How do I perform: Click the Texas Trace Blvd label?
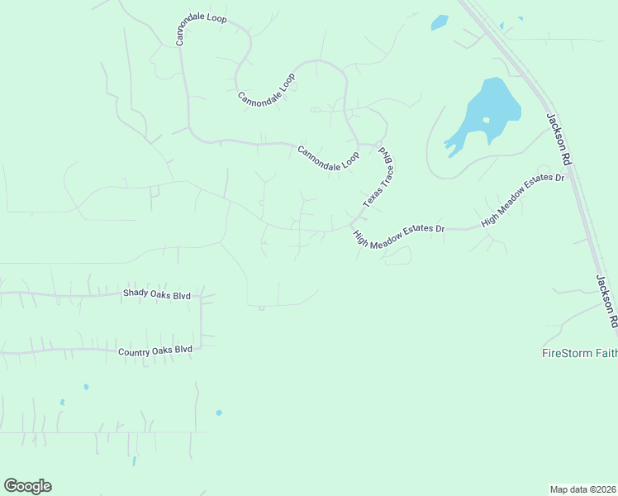[x=378, y=178]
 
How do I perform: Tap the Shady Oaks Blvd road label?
[x=157, y=293]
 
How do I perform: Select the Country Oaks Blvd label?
[x=155, y=351]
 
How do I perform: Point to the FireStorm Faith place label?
[x=579, y=354]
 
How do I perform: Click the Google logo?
[x=27, y=486]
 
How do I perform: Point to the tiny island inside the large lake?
[x=487, y=121]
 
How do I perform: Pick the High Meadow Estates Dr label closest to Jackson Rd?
[x=523, y=200]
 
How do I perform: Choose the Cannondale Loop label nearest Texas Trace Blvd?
[x=328, y=157]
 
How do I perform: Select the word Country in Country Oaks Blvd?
[x=135, y=351]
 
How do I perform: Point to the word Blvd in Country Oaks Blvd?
[x=183, y=350]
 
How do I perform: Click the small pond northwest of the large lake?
[x=440, y=22]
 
